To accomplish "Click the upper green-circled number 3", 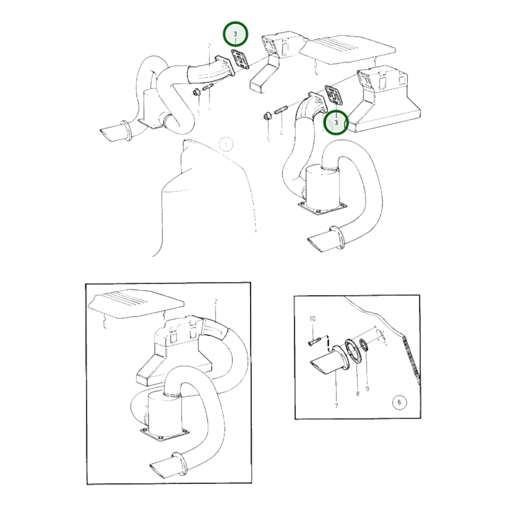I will (235, 34).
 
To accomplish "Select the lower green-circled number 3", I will (336, 123).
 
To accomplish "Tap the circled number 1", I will (226, 144).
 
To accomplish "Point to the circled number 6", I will (399, 402).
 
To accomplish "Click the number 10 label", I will (312, 318).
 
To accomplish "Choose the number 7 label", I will (336, 406).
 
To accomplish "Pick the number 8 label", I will (358, 394).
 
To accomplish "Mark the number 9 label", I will (367, 389).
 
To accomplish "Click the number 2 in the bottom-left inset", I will (216, 301).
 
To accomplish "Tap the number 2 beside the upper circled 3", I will (209, 46).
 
